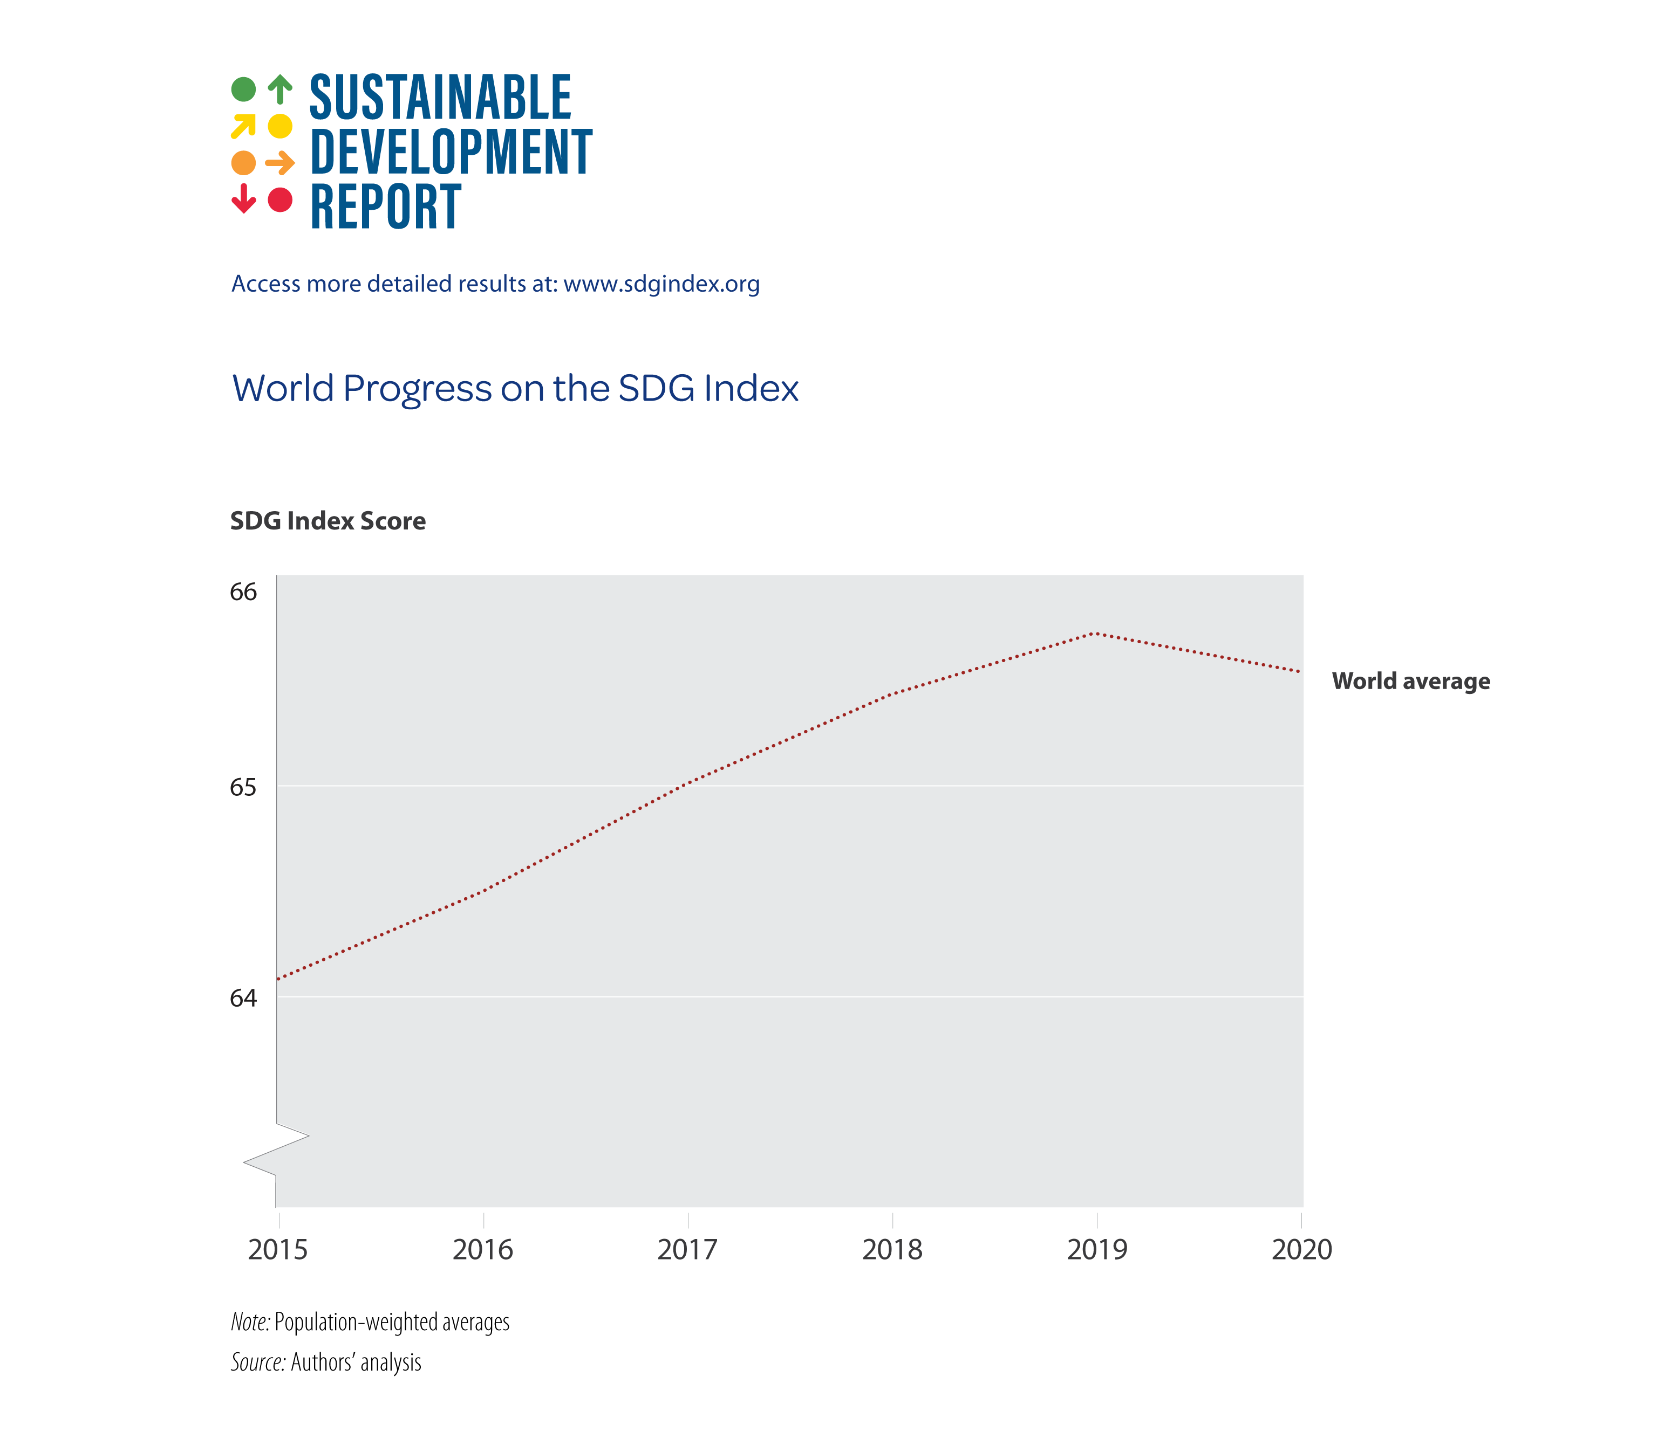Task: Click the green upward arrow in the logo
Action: [x=279, y=89]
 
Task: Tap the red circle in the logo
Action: [x=279, y=199]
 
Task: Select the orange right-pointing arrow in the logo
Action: [x=279, y=163]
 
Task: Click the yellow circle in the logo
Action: [x=279, y=126]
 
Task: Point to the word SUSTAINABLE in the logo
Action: [x=440, y=98]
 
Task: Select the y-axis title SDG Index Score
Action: [x=328, y=521]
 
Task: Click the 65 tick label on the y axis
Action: [x=243, y=787]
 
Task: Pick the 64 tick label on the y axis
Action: [x=243, y=997]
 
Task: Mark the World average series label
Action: [x=1410, y=680]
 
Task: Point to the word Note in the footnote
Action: [x=250, y=1323]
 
